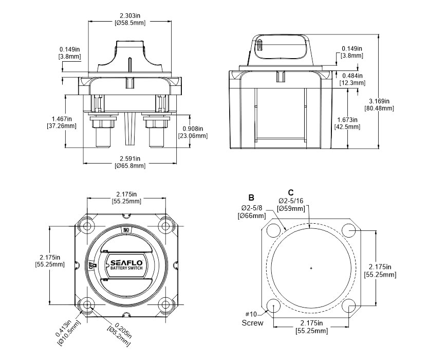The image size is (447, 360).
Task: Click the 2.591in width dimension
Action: click(x=129, y=162)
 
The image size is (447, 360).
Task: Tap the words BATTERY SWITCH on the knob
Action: click(x=126, y=268)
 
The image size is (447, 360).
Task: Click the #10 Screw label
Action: click(x=252, y=318)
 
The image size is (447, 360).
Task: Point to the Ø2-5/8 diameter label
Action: click(x=252, y=211)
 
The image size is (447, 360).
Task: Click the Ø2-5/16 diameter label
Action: click(x=291, y=204)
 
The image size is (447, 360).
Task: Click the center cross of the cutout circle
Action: click(x=311, y=268)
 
